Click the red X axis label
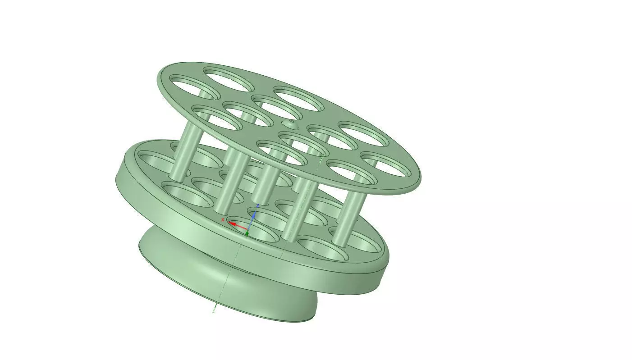(x=223, y=220)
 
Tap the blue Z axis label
(x=257, y=206)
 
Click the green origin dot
(x=247, y=233)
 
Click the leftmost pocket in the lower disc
(x=156, y=160)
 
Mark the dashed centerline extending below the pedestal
(x=215, y=306)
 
